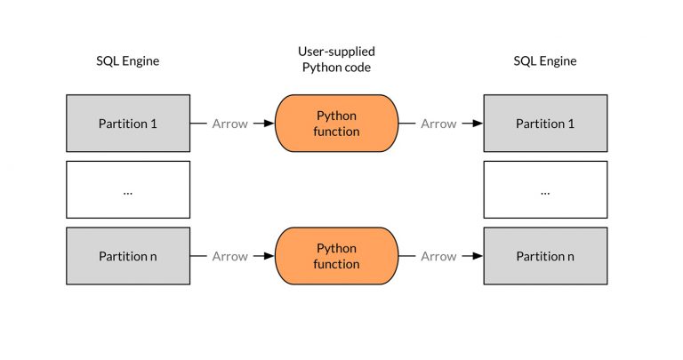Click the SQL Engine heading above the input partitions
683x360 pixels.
pos(127,61)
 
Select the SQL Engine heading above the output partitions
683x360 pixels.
pos(545,61)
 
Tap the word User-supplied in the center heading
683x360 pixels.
pos(336,52)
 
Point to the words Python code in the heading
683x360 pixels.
pos(336,68)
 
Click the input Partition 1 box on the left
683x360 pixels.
pos(127,124)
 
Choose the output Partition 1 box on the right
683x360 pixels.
pos(545,124)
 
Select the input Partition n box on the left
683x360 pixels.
pos(127,256)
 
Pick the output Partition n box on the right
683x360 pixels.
pos(545,256)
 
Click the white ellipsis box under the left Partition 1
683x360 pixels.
pos(127,189)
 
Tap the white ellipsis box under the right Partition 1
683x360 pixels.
pos(545,189)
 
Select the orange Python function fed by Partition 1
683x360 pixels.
pos(337,124)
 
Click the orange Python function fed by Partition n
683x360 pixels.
pos(337,256)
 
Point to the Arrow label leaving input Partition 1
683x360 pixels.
pos(229,124)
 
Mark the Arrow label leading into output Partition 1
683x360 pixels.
pos(438,124)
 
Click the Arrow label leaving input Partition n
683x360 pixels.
pos(229,256)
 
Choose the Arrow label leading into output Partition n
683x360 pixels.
pos(438,256)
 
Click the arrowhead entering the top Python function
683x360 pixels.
pos(269,124)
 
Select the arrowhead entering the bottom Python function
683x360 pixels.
pos(269,256)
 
